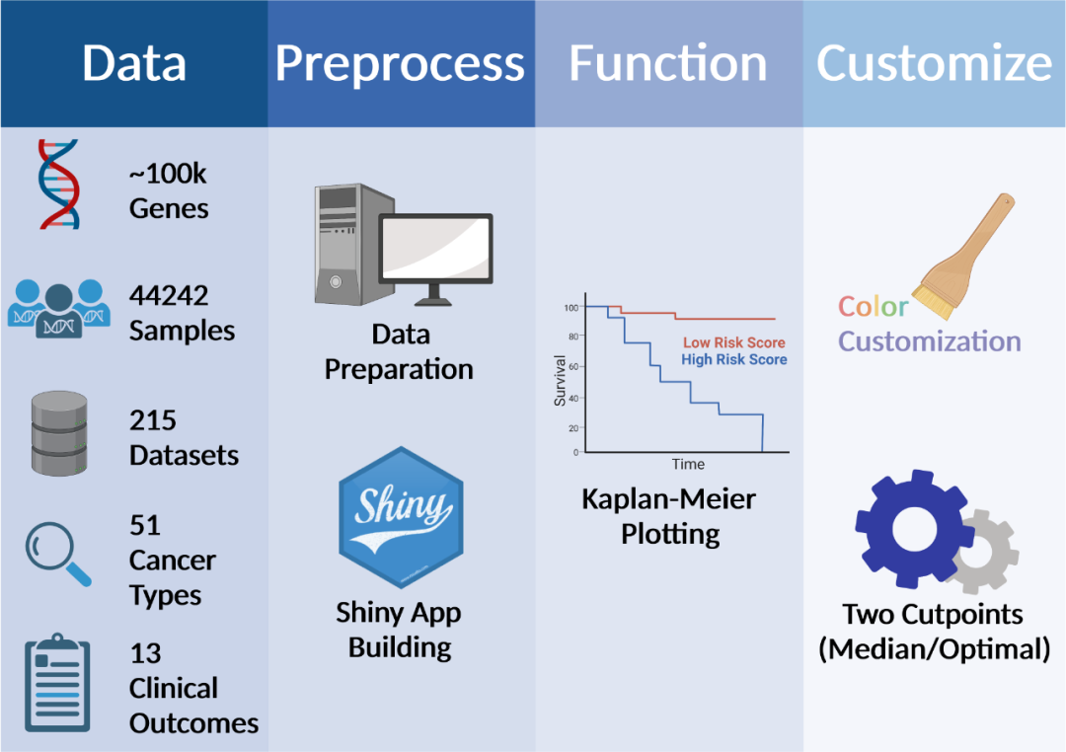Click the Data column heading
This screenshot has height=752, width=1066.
pyautogui.click(x=133, y=63)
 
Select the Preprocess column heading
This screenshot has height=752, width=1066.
pyautogui.click(x=400, y=63)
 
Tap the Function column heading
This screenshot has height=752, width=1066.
pyautogui.click(x=667, y=63)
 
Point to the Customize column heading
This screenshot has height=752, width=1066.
pyautogui.click(x=934, y=63)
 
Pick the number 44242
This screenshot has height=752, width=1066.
pyautogui.click(x=169, y=294)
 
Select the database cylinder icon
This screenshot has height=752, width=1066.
pyautogui.click(x=59, y=433)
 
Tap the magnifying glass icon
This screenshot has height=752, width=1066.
pyautogui.click(x=57, y=554)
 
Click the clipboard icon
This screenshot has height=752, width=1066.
pyautogui.click(x=57, y=684)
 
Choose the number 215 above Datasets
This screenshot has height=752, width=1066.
pyautogui.click(x=153, y=420)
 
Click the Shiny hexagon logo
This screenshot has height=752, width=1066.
pyautogui.click(x=400, y=518)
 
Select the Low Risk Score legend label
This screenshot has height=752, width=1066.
pyautogui.click(x=734, y=342)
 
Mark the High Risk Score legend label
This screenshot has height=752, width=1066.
pyautogui.click(x=733, y=359)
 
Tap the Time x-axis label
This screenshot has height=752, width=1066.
pyautogui.click(x=688, y=464)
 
